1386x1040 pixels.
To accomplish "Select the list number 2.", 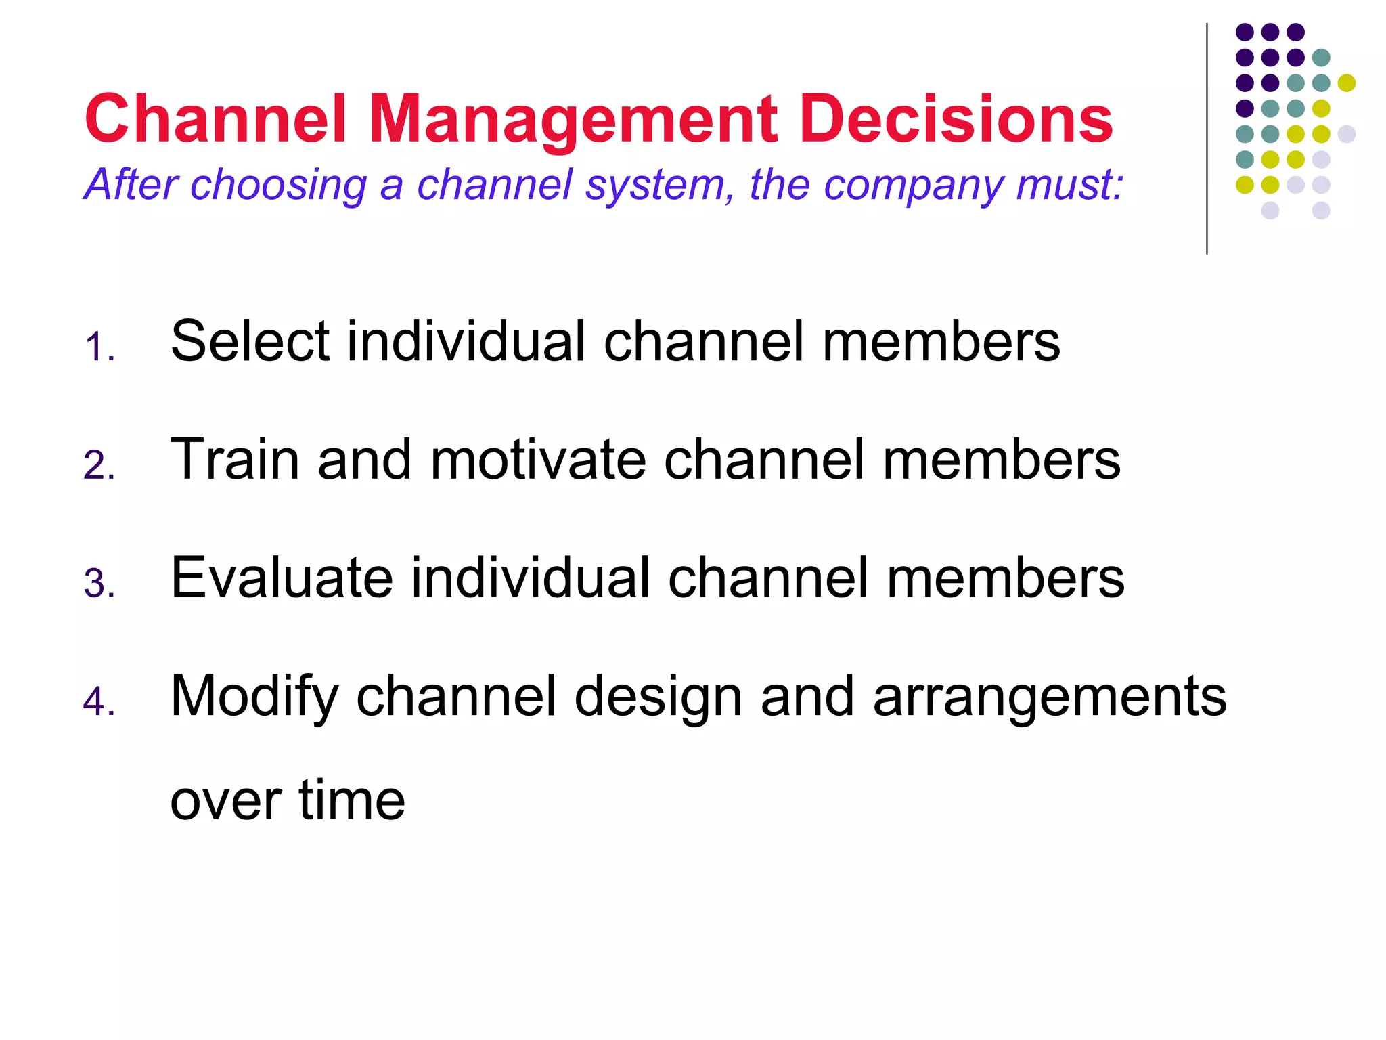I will click(x=98, y=466).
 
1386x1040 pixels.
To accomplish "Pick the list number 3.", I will click(x=98, y=584).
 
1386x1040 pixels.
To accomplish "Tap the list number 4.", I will click(x=98, y=701).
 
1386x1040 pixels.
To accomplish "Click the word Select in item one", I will click(x=250, y=341).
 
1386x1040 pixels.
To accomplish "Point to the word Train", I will click(x=234, y=460).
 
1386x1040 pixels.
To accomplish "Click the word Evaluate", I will click(x=282, y=578).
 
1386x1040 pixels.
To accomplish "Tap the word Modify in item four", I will click(x=254, y=697).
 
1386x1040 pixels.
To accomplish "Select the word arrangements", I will click(x=1049, y=697).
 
